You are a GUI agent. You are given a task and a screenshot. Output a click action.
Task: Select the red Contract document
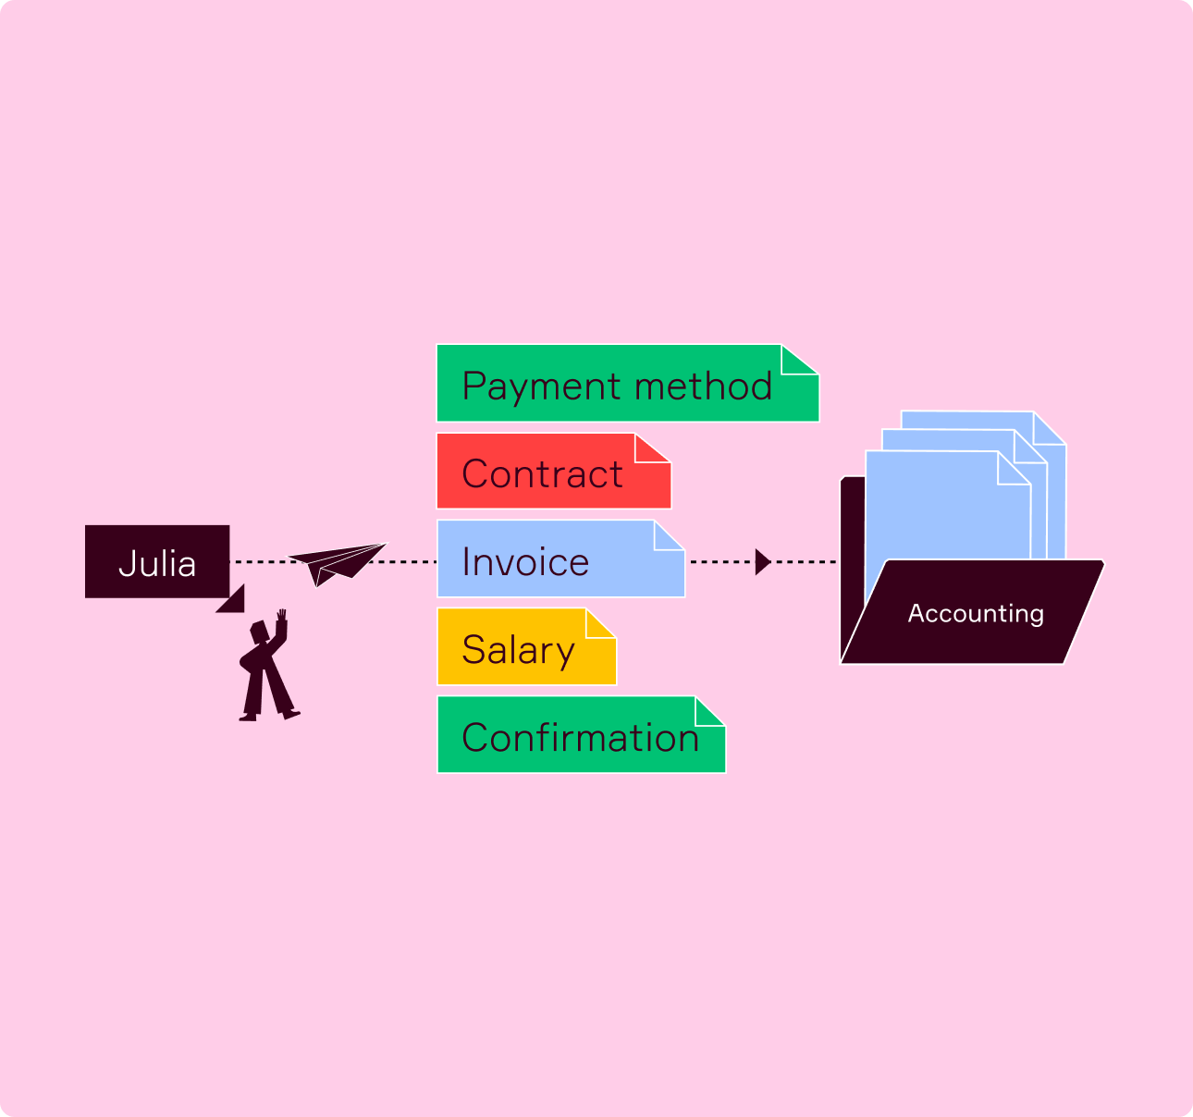[x=546, y=473]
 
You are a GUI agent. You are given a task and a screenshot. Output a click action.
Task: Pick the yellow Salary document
[x=518, y=648]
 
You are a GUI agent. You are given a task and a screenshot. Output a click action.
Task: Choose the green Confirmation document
[x=573, y=736]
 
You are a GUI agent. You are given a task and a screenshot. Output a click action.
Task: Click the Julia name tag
[x=157, y=562]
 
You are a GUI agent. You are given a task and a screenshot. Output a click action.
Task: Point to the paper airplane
[x=337, y=562]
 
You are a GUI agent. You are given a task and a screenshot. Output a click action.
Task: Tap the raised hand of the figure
[x=281, y=617]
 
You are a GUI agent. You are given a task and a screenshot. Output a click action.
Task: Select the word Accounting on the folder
[x=976, y=613]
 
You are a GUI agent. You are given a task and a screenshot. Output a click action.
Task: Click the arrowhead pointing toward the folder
[x=762, y=561]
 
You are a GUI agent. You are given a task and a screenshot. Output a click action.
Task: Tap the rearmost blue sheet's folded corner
[x=1050, y=427]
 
